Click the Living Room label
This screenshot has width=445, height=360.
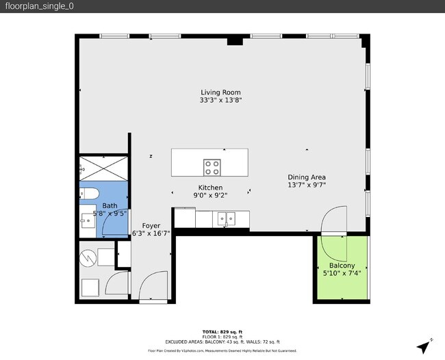[x=220, y=92]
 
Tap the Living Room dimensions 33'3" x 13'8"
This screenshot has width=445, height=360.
[x=220, y=101]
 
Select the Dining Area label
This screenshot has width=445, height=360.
[x=306, y=176]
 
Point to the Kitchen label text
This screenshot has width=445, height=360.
[x=210, y=188]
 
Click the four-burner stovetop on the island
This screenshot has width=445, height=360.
[x=212, y=166]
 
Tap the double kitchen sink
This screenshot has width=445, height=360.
[x=226, y=219]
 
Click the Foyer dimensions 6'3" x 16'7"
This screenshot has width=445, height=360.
[x=151, y=233]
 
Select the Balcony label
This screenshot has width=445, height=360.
[x=342, y=266]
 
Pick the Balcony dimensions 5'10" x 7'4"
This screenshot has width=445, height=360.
[x=342, y=273]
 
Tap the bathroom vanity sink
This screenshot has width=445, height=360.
[x=86, y=220]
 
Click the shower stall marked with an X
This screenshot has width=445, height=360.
[x=103, y=168]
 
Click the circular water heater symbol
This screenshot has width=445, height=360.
[x=88, y=258]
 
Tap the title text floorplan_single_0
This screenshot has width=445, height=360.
[x=39, y=6]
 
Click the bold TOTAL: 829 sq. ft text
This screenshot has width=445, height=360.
[x=222, y=331]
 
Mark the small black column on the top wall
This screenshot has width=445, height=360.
[x=234, y=42]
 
